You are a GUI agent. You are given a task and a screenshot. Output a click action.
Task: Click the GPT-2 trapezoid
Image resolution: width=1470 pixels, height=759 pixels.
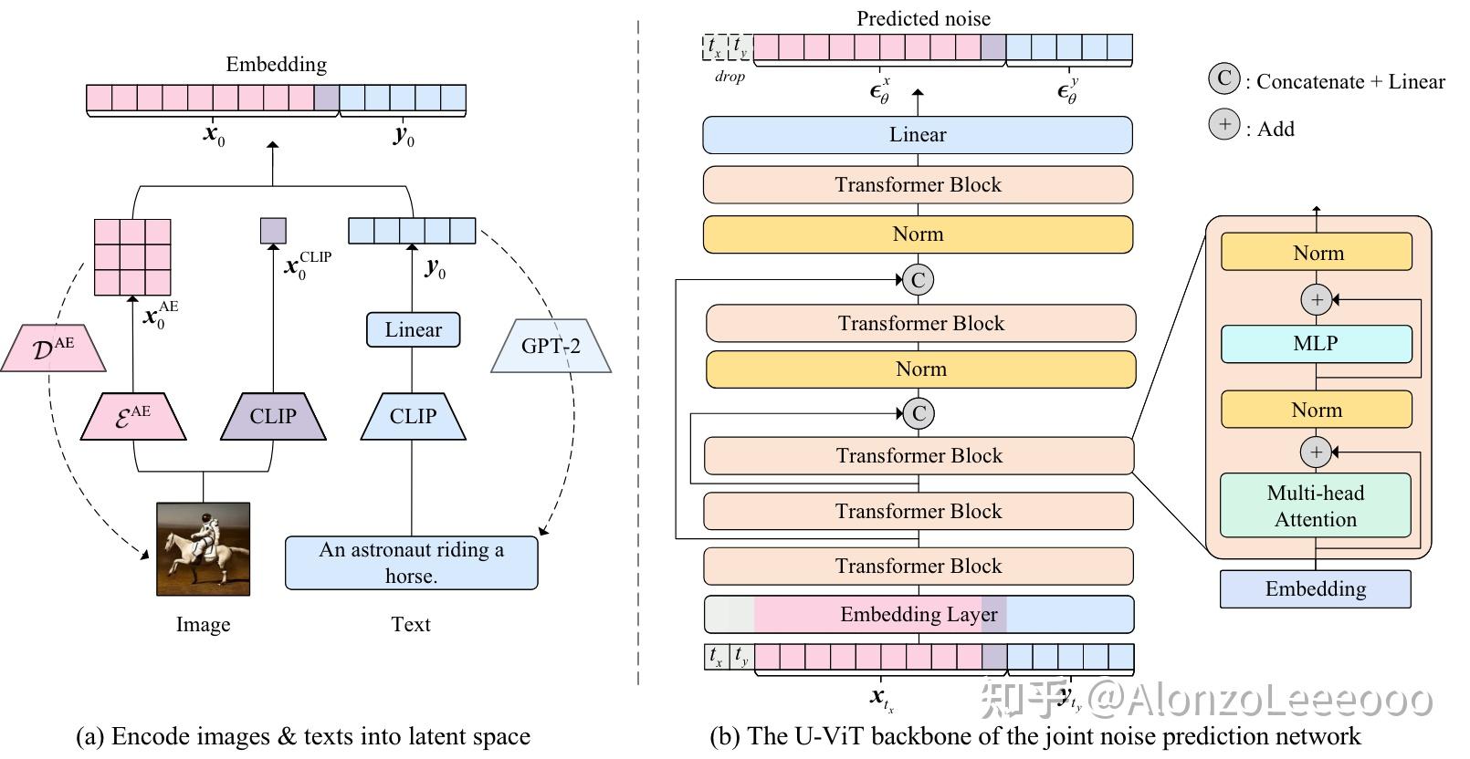click(551, 346)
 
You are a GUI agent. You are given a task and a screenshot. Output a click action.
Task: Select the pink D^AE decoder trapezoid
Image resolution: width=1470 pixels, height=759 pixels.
click(53, 348)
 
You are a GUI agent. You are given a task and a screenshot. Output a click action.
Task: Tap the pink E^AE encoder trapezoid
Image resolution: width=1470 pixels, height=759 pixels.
click(133, 417)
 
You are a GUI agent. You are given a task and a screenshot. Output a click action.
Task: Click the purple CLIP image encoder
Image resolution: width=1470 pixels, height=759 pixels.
click(273, 417)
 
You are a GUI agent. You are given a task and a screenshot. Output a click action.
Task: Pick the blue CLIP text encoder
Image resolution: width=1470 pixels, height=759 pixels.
click(413, 417)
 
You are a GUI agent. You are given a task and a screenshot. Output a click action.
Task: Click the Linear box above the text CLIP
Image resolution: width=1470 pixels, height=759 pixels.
click(413, 330)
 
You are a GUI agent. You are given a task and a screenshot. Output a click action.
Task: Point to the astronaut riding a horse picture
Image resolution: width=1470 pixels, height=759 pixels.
click(203, 549)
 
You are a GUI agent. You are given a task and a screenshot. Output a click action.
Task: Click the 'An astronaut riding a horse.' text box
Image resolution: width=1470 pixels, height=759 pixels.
click(411, 563)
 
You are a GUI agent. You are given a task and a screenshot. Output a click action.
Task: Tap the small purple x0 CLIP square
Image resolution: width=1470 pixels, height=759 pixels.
click(273, 230)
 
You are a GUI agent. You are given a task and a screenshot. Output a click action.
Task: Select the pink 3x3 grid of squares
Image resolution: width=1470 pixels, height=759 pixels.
click(133, 257)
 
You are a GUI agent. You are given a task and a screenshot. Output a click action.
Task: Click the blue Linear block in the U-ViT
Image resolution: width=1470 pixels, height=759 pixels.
click(918, 135)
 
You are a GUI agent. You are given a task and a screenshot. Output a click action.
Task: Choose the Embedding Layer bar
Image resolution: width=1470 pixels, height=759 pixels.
click(919, 615)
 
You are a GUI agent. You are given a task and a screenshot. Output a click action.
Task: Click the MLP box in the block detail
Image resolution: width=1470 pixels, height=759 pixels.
click(1316, 344)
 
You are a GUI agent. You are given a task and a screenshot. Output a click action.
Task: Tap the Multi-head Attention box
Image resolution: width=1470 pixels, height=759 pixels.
click(1316, 505)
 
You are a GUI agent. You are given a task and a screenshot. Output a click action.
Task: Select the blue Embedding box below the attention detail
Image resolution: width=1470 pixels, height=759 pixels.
click(1315, 589)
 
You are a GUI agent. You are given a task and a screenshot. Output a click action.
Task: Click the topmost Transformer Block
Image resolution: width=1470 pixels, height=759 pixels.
click(918, 185)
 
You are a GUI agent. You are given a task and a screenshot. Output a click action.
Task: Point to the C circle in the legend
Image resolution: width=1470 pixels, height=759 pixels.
click(1223, 78)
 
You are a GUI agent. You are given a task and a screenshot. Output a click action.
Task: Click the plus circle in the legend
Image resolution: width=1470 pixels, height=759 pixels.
click(1223, 124)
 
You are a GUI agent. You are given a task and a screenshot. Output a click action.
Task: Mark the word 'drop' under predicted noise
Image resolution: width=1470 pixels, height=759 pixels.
click(730, 77)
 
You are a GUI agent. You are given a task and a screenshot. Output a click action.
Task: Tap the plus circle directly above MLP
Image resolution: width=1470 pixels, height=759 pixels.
click(1316, 299)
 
